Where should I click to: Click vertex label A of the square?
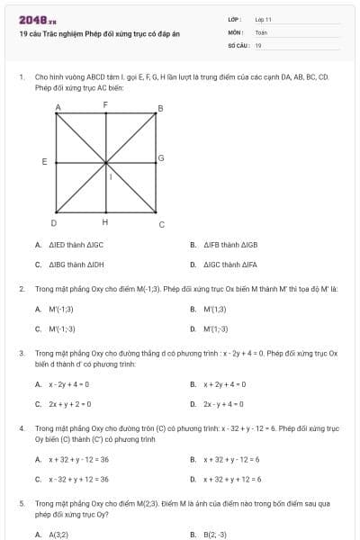[x=58, y=107]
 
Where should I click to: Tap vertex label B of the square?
[x=160, y=109]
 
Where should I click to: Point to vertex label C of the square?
[x=161, y=224]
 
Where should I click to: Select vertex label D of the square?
[x=54, y=222]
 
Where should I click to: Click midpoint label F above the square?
[x=105, y=105]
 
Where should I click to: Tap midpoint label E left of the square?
[x=44, y=162]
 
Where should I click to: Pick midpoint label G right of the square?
[x=161, y=158]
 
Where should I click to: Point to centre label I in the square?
[x=111, y=176]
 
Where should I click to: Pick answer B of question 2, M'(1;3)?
[x=214, y=309]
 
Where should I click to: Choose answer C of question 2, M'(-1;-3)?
[x=62, y=328]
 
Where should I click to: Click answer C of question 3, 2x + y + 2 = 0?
[x=70, y=404]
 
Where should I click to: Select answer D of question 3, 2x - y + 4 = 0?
[x=224, y=404]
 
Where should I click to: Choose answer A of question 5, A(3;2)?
[x=58, y=534]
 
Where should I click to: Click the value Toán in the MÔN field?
[x=262, y=31]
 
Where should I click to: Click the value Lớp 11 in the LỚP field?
[x=264, y=18]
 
